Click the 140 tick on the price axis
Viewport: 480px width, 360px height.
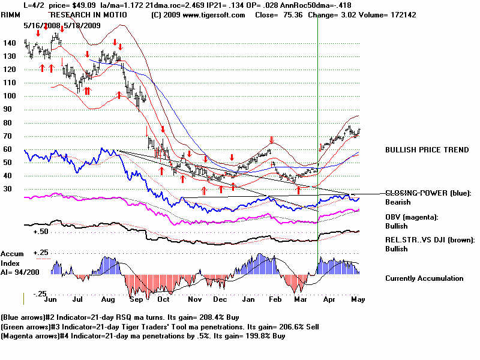click(8, 43)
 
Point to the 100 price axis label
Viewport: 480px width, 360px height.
click(8, 96)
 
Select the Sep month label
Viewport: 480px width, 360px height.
click(137, 298)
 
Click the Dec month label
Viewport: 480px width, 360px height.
click(220, 298)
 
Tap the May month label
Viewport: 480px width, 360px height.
click(358, 298)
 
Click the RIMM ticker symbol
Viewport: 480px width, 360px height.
click(13, 14)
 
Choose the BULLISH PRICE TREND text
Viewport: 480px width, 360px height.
click(427, 150)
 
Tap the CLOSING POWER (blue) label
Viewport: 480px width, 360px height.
click(428, 193)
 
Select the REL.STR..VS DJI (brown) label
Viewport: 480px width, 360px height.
click(430, 240)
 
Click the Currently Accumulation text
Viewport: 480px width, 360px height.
click(424, 278)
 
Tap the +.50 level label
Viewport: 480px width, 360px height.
click(41, 231)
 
